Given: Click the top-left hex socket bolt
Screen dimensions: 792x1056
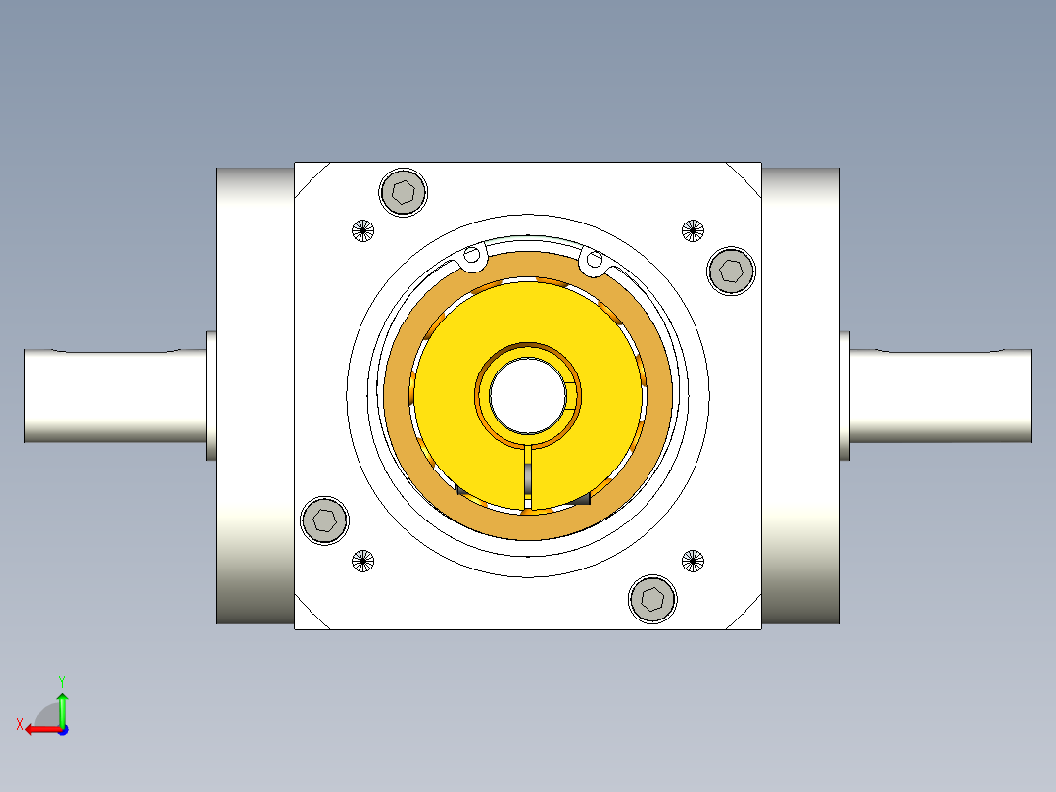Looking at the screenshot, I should click(404, 190).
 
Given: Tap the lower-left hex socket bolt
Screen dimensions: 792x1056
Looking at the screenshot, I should click(324, 520).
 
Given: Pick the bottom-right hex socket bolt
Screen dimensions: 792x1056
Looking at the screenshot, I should click(652, 598).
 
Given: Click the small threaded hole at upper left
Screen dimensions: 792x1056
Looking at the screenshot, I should click(362, 231).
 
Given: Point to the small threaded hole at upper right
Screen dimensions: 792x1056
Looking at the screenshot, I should click(693, 231).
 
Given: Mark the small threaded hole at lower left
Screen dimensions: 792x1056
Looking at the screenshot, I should click(362, 562).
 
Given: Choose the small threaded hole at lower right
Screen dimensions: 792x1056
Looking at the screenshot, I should click(693, 562).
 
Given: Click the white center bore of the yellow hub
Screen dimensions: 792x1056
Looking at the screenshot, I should click(527, 396).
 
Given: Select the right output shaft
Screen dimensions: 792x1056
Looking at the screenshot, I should click(940, 395).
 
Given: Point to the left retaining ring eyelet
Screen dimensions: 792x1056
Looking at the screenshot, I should click(472, 258).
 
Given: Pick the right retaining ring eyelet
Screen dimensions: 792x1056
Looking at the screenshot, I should click(593, 259).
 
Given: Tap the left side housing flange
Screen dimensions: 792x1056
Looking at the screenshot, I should click(255, 395).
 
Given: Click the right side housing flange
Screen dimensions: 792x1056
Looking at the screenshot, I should click(800, 395).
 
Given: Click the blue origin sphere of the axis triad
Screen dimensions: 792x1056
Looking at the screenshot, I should click(62, 729).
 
